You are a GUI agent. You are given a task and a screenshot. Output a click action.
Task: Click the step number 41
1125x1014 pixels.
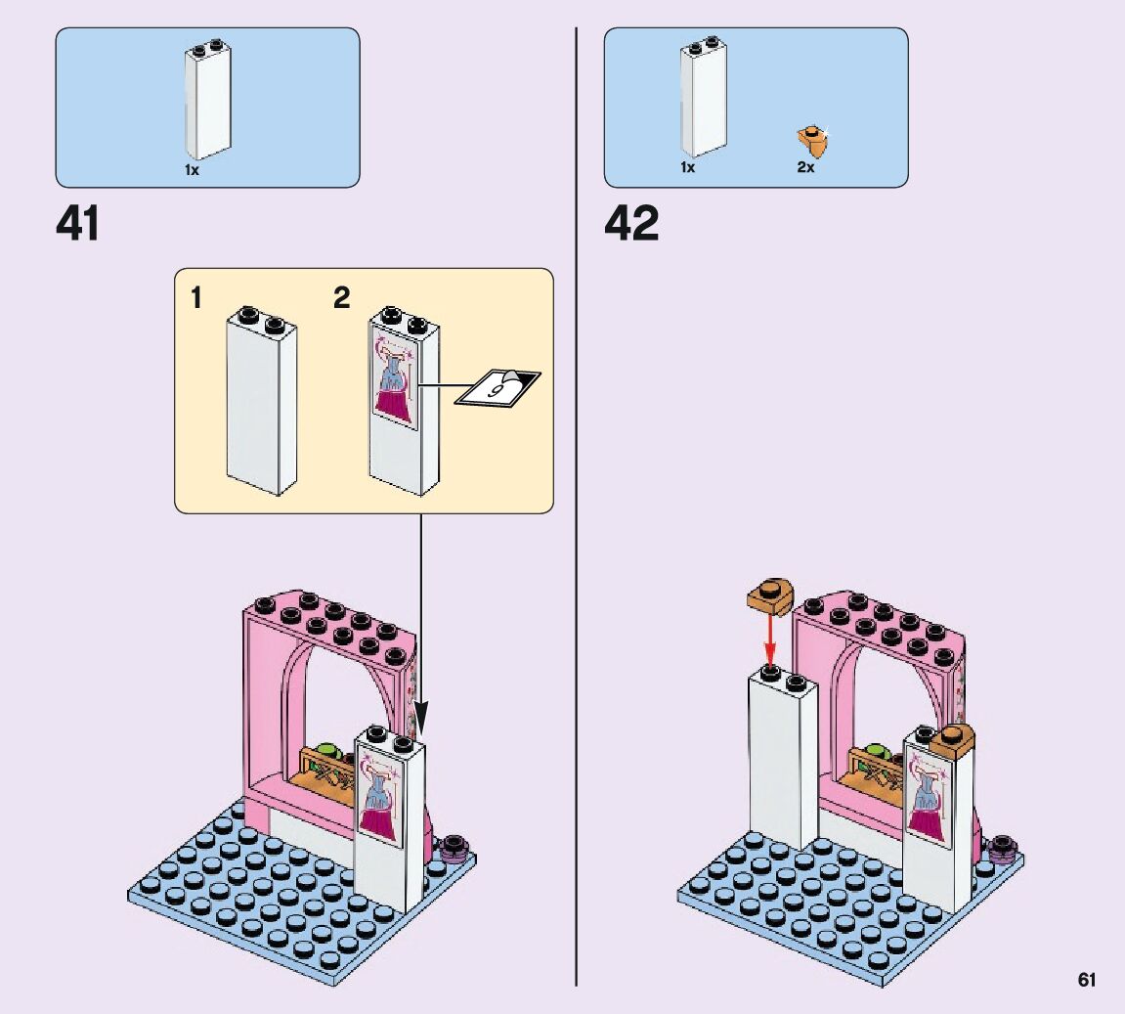coord(77,224)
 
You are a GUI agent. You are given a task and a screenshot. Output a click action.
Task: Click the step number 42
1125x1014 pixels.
coord(631,224)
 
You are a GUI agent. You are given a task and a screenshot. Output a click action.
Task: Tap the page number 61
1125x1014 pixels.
coord(1087,979)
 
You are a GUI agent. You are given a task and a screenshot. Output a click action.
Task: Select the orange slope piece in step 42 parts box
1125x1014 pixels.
coord(813,141)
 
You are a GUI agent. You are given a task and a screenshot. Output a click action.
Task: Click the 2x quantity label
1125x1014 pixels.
coord(805,167)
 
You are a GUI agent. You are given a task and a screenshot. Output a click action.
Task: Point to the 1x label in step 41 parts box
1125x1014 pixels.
coord(192,169)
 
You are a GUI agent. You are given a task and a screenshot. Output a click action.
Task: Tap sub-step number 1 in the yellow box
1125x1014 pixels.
coord(196,297)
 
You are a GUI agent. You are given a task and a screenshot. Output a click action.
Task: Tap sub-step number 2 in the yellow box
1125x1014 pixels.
coord(341,297)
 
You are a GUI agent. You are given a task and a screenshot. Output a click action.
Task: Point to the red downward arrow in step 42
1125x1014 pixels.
coord(770,640)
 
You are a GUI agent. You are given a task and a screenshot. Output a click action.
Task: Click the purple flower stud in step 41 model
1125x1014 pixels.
coord(454,847)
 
